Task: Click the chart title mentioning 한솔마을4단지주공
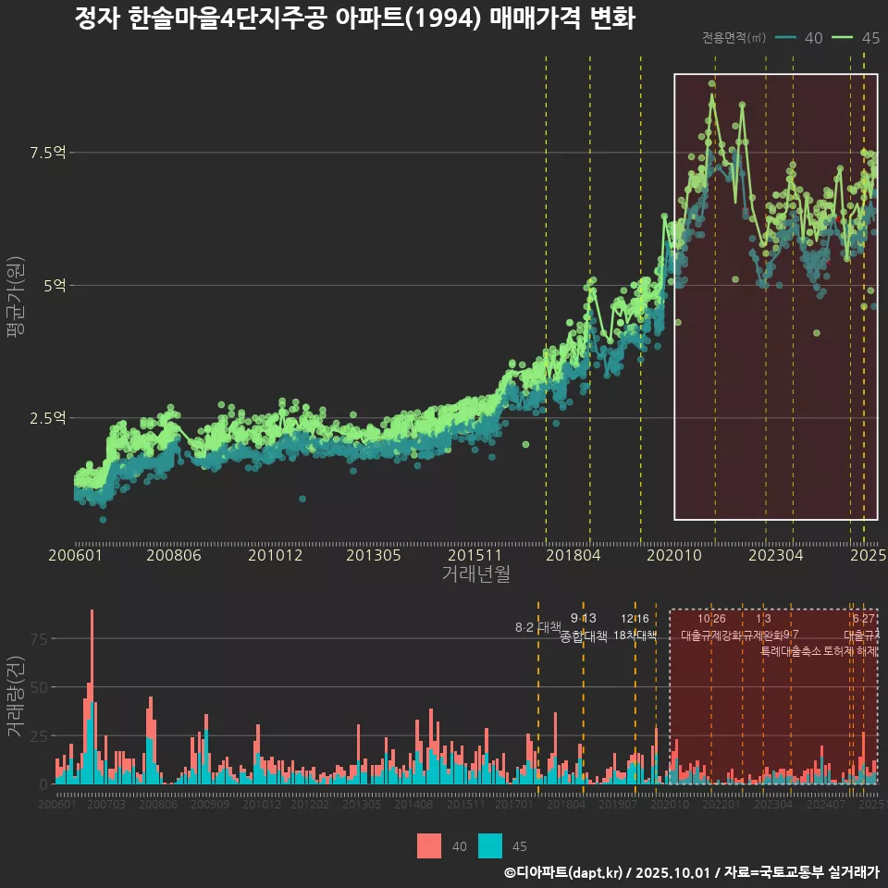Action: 354,18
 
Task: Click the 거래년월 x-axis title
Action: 475,574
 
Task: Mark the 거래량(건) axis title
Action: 16,696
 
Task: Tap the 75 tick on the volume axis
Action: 38,639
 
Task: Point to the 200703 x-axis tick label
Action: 106,806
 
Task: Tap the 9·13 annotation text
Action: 584,619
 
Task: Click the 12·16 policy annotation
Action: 635,619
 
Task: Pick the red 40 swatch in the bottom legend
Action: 429,845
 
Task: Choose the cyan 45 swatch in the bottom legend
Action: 490,845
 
